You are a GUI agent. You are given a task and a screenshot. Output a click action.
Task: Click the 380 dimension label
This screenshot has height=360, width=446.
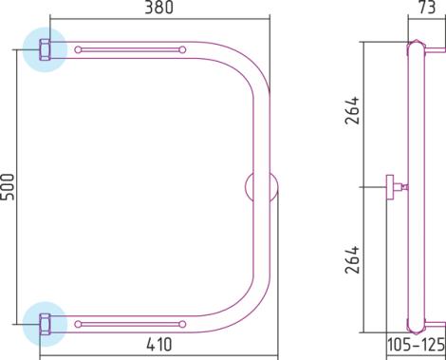(159, 8)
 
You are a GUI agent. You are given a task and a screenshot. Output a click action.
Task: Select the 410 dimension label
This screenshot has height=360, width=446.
(159, 344)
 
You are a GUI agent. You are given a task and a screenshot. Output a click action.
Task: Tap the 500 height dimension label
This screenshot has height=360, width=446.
(8, 187)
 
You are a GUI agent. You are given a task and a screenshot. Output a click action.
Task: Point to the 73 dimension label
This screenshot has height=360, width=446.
(428, 7)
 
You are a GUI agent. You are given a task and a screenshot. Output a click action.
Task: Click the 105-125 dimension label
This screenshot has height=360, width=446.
(416, 345)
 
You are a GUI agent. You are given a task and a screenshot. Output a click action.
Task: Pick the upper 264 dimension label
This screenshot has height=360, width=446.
(352, 110)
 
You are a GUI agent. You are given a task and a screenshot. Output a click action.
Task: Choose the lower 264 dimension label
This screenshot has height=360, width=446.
(352, 259)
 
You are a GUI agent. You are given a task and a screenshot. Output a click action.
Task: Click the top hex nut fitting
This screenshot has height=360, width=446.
(45, 49)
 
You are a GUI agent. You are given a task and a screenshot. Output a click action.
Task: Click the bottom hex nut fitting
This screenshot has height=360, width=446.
(45, 324)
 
